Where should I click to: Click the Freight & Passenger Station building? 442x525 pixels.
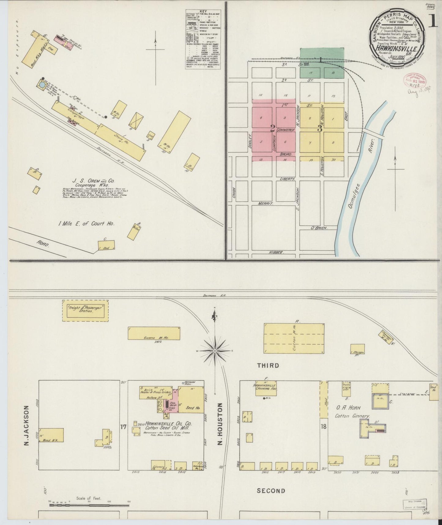86,311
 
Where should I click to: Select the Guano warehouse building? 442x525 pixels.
154,333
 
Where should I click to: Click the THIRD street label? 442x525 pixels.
268,365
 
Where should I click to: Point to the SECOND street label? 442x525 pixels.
271,491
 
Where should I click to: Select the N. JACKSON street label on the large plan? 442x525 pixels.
26,426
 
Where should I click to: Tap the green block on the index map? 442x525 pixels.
322,55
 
